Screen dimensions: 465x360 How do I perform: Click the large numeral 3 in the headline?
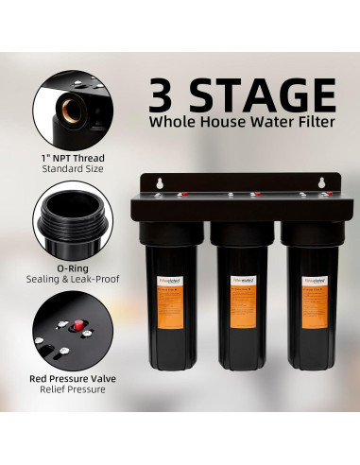click(x=168, y=95)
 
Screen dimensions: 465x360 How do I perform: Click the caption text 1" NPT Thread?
click(x=74, y=156)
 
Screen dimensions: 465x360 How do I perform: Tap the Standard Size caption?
click(x=74, y=168)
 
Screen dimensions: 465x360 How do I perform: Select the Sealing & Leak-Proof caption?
click(x=74, y=280)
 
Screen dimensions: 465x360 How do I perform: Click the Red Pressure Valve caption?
click(x=74, y=378)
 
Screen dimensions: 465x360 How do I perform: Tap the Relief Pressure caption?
click(x=74, y=390)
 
